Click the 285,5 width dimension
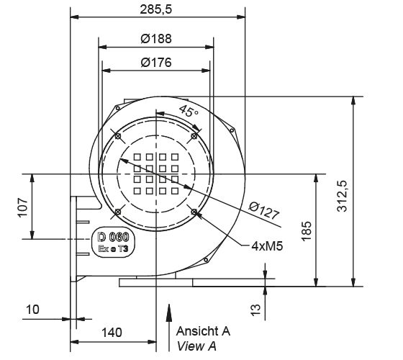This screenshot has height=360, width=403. (x=158, y=9)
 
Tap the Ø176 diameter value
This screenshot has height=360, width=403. (x=158, y=63)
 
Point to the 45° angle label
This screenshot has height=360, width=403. (x=189, y=112)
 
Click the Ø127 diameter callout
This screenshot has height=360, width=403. (x=264, y=210)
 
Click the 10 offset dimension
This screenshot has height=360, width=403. (x=32, y=310)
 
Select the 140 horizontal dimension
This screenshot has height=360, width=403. (x=112, y=333)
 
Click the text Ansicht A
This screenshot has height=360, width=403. (x=203, y=332)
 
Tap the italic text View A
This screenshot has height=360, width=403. (x=196, y=346)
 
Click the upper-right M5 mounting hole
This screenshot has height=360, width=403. (x=195, y=135)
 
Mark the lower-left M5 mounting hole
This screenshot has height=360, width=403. (x=117, y=212)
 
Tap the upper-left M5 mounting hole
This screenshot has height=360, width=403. (x=117, y=135)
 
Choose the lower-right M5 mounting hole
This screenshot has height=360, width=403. (x=195, y=212)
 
